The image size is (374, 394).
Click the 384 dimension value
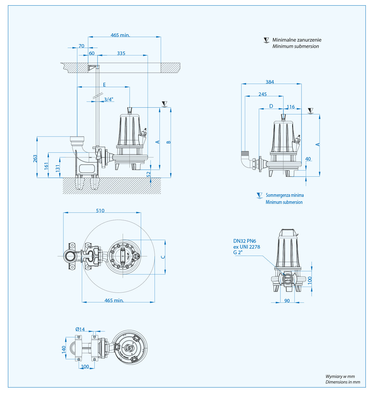tap(270, 82)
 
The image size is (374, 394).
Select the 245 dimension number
tap(262, 94)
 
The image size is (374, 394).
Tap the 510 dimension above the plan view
tap(100, 211)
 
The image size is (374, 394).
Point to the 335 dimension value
tap(121, 53)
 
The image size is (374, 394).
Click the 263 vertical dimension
tap(35, 159)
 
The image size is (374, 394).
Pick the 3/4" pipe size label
tap(108, 99)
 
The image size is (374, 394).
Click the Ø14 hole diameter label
tap(80, 329)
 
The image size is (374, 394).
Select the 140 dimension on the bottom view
tap(64, 349)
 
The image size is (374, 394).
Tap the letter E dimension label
tap(104, 85)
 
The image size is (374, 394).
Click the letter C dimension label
tap(163, 257)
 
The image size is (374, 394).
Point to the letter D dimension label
tap(271, 106)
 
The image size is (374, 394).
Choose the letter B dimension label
tap(169, 142)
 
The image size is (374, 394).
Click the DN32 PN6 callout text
tap(245, 241)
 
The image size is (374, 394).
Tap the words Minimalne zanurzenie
tap(297, 40)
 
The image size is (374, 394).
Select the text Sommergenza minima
tap(285, 195)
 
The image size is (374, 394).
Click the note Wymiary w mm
tap(340, 376)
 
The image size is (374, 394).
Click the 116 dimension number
tap(290, 107)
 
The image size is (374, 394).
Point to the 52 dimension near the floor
tap(149, 174)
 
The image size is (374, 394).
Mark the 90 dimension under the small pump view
tap(287, 301)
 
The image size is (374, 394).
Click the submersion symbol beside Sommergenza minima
tap(259, 195)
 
